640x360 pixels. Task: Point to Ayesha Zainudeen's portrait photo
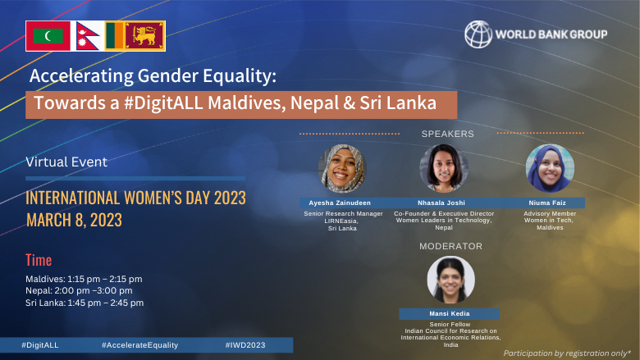pyautogui.click(x=341, y=168)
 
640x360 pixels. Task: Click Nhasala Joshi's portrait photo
pyautogui.click(x=444, y=168)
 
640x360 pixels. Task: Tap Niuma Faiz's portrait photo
pyautogui.click(x=550, y=168)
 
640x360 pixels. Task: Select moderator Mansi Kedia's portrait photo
pyautogui.click(x=450, y=280)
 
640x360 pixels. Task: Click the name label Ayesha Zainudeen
pyautogui.click(x=341, y=202)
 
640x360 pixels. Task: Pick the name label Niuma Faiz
pyautogui.click(x=549, y=202)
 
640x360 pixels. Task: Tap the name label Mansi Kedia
pyautogui.click(x=450, y=313)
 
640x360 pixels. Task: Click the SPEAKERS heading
pyautogui.click(x=448, y=133)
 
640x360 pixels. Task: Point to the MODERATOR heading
pyautogui.click(x=451, y=246)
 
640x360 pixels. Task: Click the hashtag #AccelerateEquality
pyautogui.click(x=139, y=345)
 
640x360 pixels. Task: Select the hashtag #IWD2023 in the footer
pyautogui.click(x=245, y=345)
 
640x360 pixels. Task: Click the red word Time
pyautogui.click(x=39, y=260)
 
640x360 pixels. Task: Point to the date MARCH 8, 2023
pyautogui.click(x=74, y=220)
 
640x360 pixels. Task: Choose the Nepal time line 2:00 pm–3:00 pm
pyautogui.click(x=79, y=290)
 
